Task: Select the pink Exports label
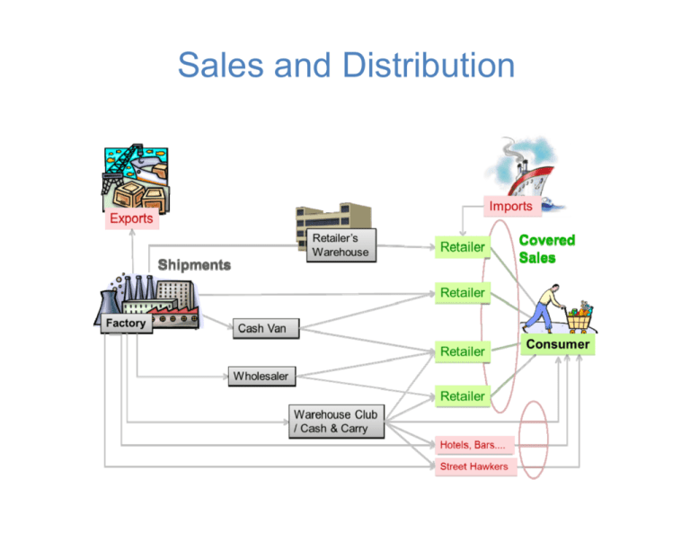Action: tap(130, 218)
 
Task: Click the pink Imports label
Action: tap(510, 206)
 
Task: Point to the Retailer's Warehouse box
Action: tap(341, 245)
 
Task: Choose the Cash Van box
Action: tap(262, 328)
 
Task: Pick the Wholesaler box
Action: tap(261, 376)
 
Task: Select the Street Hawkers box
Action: tap(474, 466)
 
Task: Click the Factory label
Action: tap(126, 323)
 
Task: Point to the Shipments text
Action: tap(194, 265)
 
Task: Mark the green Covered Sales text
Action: tap(546, 249)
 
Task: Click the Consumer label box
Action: tap(558, 344)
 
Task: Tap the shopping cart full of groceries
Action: tap(578, 316)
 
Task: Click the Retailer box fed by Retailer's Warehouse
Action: tap(462, 246)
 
